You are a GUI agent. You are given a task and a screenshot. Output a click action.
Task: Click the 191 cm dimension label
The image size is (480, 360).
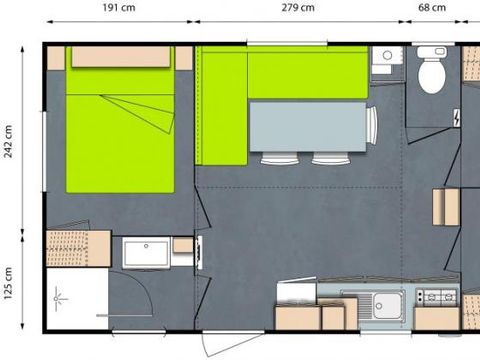(119, 7)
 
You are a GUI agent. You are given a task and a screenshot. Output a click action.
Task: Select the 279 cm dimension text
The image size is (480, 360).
(297, 7)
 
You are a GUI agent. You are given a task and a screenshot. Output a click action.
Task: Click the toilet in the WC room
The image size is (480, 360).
(432, 71)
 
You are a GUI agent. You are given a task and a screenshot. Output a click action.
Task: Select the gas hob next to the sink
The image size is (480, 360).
(437, 298)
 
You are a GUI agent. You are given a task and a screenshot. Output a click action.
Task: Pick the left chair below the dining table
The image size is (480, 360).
(279, 158)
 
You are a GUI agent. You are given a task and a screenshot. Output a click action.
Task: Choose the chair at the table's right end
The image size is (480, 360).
(372, 126)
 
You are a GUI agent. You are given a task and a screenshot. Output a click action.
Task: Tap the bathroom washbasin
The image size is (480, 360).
(146, 252)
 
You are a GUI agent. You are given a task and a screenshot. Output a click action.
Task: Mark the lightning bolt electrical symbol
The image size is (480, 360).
(457, 118)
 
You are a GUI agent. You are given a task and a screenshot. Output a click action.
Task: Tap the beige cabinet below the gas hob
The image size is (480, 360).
(437, 318)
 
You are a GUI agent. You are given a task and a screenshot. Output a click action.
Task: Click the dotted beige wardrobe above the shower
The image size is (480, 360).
(77, 248)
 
